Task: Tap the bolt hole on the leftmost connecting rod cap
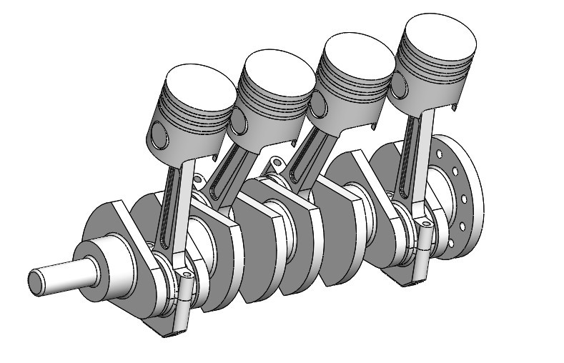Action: point(187,274)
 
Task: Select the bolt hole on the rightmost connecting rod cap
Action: point(427,224)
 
